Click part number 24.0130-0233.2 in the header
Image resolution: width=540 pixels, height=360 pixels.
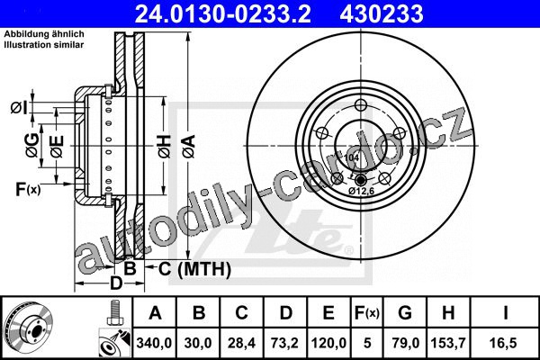(x=223, y=14)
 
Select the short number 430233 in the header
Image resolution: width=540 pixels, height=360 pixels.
(x=382, y=14)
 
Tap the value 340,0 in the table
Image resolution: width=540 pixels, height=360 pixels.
(x=154, y=343)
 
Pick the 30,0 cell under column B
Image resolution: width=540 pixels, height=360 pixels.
(x=198, y=343)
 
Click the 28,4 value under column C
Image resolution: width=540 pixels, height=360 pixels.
(x=241, y=343)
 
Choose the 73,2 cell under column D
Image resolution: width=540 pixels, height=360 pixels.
(x=284, y=343)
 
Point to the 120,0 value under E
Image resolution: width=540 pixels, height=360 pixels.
(x=328, y=343)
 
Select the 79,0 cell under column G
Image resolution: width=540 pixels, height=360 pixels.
(x=405, y=343)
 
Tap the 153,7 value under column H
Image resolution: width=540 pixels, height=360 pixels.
(x=448, y=343)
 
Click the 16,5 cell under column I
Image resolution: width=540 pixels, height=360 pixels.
(x=505, y=343)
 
